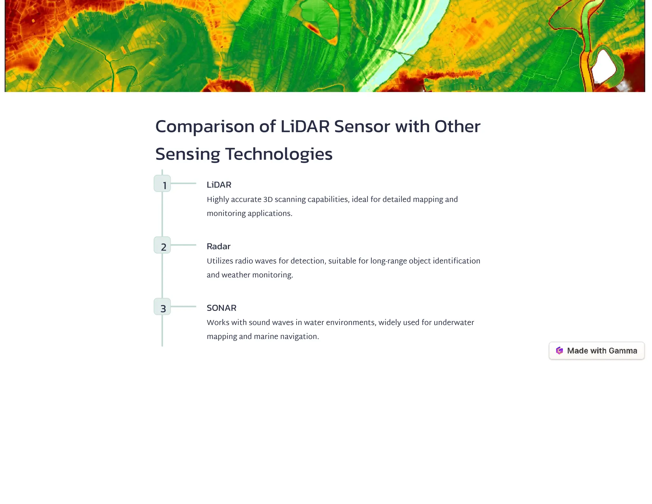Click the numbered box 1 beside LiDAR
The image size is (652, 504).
tap(162, 184)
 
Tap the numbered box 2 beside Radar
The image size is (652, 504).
tap(162, 245)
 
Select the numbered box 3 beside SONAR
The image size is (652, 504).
tap(162, 306)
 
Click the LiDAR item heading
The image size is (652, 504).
tap(219, 185)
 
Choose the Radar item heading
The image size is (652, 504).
tap(218, 246)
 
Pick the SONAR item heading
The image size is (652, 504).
tap(222, 308)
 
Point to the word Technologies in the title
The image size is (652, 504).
tap(279, 154)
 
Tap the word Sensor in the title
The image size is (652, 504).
tap(362, 126)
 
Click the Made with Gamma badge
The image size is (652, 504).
tap(597, 351)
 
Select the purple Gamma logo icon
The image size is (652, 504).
tap(559, 351)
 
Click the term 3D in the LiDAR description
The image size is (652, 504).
tap(268, 199)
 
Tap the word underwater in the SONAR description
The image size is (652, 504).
tap(454, 322)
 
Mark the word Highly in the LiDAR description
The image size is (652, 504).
tap(218, 199)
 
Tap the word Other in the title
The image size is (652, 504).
tap(457, 126)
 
